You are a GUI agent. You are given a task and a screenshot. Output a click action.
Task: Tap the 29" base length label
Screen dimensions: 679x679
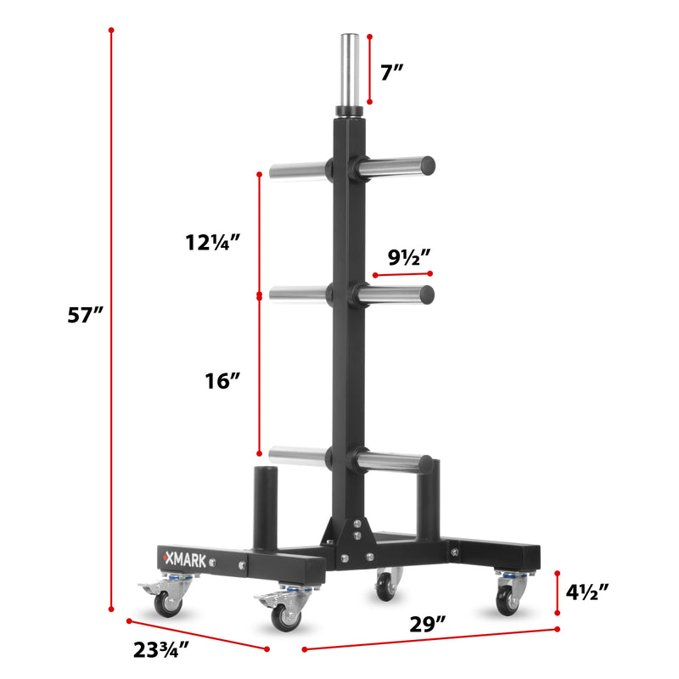pyautogui.click(x=427, y=626)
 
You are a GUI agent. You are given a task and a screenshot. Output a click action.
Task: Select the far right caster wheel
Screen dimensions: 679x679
pyautogui.click(x=508, y=599)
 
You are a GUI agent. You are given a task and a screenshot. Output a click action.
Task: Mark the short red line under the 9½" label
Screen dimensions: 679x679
pyautogui.click(x=402, y=274)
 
